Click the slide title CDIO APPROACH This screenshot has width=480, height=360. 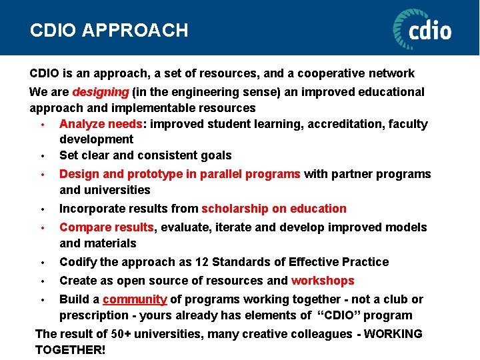pos(109,30)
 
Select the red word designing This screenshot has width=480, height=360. pos(101,91)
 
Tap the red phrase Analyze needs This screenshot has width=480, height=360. pos(101,123)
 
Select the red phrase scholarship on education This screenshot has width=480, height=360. pos(274,209)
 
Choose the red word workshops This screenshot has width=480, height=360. pos(323,281)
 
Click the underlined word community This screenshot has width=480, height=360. pos(135,299)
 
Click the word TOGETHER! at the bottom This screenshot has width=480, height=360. pos(70,350)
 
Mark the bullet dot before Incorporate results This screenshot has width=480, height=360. pos(42,209)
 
